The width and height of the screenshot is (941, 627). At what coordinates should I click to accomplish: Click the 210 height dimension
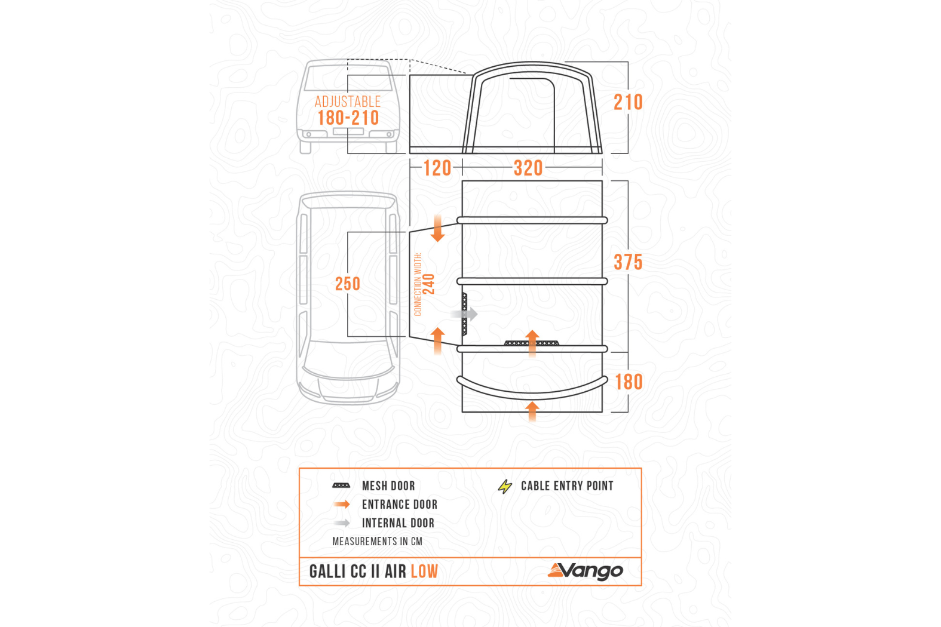(x=628, y=103)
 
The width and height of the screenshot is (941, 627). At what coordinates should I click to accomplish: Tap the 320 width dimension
(x=529, y=168)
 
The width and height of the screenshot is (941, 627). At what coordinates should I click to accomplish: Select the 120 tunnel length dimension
(x=437, y=168)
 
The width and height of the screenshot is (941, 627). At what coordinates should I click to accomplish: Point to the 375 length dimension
(x=628, y=263)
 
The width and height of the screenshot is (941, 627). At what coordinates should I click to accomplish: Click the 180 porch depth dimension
(x=629, y=382)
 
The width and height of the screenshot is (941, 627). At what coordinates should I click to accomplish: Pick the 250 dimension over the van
(x=347, y=284)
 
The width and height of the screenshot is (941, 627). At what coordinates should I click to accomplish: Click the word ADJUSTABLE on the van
(x=348, y=102)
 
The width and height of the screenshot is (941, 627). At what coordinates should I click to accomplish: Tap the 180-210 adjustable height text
(x=348, y=118)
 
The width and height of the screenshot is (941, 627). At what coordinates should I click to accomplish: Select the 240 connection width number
(x=429, y=284)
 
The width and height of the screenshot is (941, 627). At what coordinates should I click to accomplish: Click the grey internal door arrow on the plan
(x=464, y=314)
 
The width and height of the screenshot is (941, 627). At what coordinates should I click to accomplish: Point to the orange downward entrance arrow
(x=438, y=228)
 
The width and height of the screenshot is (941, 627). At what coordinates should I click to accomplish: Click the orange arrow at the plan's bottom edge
(x=532, y=411)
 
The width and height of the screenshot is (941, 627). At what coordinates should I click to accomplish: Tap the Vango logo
(x=585, y=571)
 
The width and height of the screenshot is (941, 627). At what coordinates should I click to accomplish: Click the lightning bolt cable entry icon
(x=505, y=486)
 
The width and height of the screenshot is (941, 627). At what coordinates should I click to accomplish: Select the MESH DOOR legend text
(x=388, y=486)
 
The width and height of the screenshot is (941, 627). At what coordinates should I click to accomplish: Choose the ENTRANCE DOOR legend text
(x=400, y=505)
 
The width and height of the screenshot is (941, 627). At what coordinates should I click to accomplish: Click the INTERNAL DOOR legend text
(x=399, y=523)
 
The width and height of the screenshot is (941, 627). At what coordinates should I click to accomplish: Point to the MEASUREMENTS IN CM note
(x=377, y=542)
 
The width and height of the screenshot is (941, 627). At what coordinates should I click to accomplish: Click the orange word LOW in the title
(x=424, y=572)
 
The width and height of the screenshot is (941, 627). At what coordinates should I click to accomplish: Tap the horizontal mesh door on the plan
(x=531, y=343)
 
